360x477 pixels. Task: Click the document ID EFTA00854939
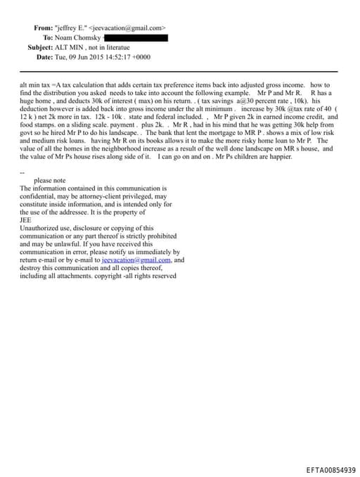(331, 469)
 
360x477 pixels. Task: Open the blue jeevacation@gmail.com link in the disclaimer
(136, 260)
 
